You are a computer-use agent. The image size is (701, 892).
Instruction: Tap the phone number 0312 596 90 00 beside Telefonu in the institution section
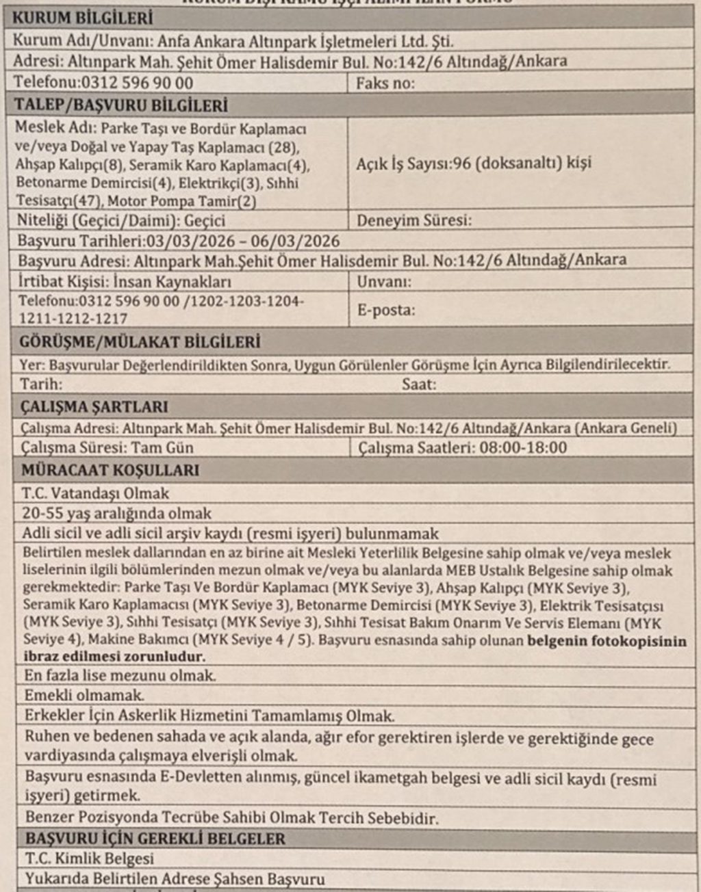click(x=137, y=83)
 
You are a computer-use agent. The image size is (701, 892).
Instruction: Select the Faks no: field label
click(x=385, y=83)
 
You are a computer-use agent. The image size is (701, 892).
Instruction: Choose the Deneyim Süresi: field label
click(x=414, y=221)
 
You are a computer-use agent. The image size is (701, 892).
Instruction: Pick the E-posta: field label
click(x=386, y=310)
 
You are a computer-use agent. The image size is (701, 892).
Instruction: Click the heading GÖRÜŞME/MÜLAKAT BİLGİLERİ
click(x=140, y=341)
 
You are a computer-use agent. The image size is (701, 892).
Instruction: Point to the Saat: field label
click(x=418, y=384)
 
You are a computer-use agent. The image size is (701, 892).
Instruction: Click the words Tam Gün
click(x=162, y=448)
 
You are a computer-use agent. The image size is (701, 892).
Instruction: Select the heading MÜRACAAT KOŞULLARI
click(x=110, y=471)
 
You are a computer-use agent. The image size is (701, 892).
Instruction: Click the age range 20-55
click(x=40, y=514)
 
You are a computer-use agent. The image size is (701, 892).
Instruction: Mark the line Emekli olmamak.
click(x=84, y=696)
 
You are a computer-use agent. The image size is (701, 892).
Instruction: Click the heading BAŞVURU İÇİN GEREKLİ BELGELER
click(x=155, y=839)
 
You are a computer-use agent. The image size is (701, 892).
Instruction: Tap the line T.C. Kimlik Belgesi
click(x=90, y=858)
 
